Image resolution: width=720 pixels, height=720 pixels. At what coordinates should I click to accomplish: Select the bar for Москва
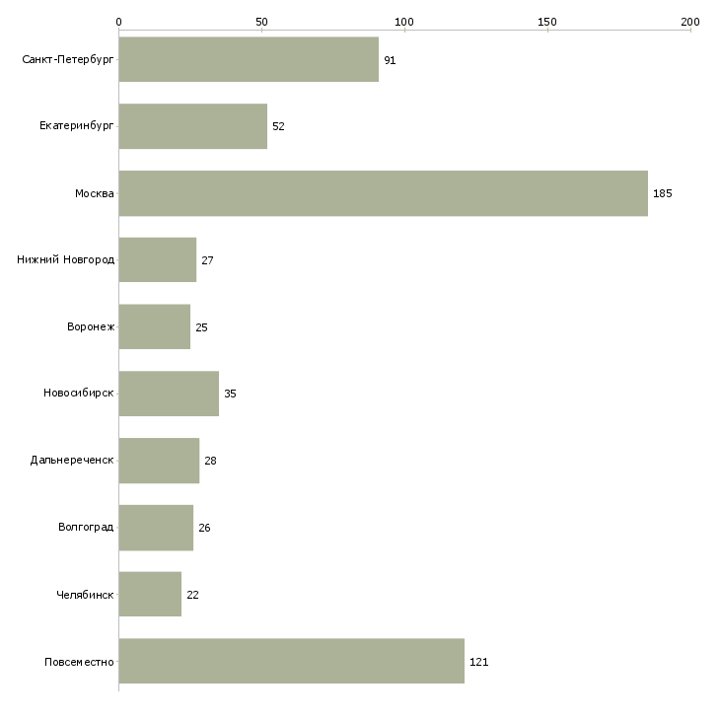click(x=384, y=193)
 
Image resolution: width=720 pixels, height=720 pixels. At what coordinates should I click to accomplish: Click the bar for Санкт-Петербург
click(x=249, y=59)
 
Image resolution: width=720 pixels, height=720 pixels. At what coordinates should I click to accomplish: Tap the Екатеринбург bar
click(x=193, y=126)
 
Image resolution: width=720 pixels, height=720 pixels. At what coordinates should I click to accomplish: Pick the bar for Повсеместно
click(x=292, y=661)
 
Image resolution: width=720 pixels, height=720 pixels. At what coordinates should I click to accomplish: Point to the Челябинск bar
click(x=150, y=594)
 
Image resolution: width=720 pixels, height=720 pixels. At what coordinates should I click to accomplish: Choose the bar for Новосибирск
click(x=169, y=394)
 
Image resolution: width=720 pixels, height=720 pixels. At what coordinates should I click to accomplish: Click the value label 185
click(x=662, y=193)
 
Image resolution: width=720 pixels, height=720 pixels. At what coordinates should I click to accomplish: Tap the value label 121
click(x=478, y=662)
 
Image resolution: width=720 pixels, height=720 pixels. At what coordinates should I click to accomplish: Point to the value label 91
click(x=390, y=60)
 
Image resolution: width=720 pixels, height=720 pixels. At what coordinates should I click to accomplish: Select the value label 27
click(x=207, y=260)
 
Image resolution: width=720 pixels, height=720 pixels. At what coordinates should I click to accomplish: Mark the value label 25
click(x=201, y=327)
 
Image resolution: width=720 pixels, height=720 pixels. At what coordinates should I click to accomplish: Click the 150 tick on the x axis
click(x=546, y=22)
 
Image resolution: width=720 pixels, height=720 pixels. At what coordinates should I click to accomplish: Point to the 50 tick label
click(x=261, y=22)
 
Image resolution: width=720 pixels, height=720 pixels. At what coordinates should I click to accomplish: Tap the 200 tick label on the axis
click(x=690, y=22)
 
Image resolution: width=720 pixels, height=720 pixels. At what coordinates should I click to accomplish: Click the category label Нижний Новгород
click(x=66, y=260)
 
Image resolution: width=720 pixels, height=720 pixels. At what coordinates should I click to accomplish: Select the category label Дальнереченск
click(x=72, y=460)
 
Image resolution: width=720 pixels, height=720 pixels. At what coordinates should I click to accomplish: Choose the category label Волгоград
click(x=86, y=527)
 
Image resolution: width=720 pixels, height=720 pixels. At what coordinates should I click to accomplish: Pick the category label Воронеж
click(x=91, y=326)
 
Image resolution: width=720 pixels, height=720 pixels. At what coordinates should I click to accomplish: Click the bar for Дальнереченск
click(x=160, y=461)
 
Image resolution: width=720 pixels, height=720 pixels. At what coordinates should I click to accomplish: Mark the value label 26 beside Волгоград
click(x=204, y=528)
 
